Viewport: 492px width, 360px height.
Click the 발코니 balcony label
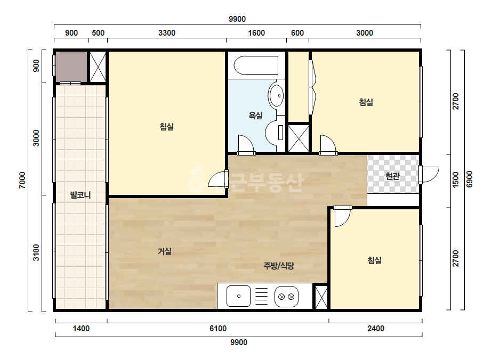(x=80, y=195)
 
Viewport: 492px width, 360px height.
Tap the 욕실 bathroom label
(x=256, y=116)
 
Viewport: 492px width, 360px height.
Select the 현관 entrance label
(x=392, y=176)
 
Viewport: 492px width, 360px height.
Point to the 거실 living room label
(x=165, y=251)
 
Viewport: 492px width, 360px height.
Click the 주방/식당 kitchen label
(x=279, y=266)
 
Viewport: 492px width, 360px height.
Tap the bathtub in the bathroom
(x=256, y=66)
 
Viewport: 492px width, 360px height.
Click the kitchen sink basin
(x=238, y=296)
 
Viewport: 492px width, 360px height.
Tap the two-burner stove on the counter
(x=286, y=296)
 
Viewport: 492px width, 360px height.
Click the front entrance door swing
(x=429, y=175)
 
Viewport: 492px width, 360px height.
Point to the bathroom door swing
(x=246, y=145)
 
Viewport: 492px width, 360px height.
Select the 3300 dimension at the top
(x=167, y=33)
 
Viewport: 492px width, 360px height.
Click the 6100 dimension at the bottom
(x=218, y=329)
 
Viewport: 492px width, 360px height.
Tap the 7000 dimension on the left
(x=22, y=180)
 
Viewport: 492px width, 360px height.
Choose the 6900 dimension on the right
(x=470, y=179)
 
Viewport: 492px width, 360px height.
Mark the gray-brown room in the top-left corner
(x=71, y=67)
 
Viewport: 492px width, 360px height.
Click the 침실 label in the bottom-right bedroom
(x=375, y=260)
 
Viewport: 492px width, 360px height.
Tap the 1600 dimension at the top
(x=256, y=33)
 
